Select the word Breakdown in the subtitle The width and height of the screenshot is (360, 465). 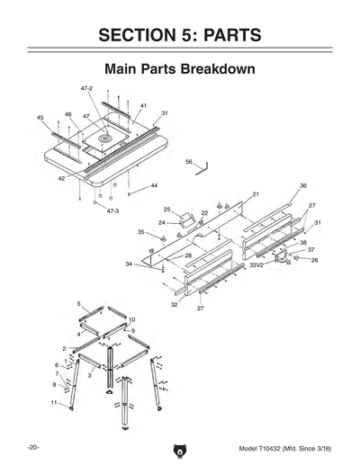click(216, 68)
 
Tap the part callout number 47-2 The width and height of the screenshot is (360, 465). click(87, 89)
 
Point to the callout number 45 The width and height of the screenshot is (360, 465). click(40, 118)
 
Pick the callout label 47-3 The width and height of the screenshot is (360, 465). click(112, 210)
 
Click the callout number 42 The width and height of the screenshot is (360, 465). click(61, 179)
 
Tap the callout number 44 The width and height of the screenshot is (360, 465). click(154, 185)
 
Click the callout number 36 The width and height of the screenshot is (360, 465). click(303, 185)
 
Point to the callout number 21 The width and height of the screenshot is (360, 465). click(256, 194)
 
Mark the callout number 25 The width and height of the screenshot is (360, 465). click(166, 210)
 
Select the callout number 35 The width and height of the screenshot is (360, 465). click(140, 232)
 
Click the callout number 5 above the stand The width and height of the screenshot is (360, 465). click(78, 305)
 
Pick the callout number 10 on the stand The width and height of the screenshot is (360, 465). click(131, 319)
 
